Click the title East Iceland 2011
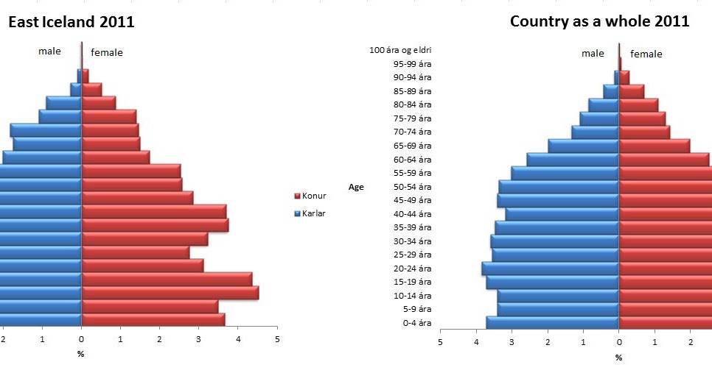click(x=71, y=22)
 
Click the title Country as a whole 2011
click(x=599, y=21)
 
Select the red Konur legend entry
click(x=310, y=196)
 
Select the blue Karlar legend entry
click(x=310, y=213)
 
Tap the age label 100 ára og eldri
click(x=400, y=50)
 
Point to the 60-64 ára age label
click(x=412, y=160)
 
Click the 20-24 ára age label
click(x=412, y=269)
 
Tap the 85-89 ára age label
click(x=412, y=91)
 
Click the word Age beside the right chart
click(x=357, y=187)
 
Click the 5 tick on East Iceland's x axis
click(x=277, y=339)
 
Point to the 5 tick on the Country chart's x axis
click(x=440, y=343)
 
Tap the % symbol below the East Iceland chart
click(x=81, y=354)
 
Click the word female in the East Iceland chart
click(x=107, y=52)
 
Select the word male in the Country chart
click(x=593, y=53)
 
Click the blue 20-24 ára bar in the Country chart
click(x=550, y=269)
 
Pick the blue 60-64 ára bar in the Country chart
click(x=573, y=160)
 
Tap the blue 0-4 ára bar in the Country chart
click(x=552, y=322)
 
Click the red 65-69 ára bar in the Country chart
click(x=654, y=146)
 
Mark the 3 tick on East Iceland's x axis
click(x=199, y=339)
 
